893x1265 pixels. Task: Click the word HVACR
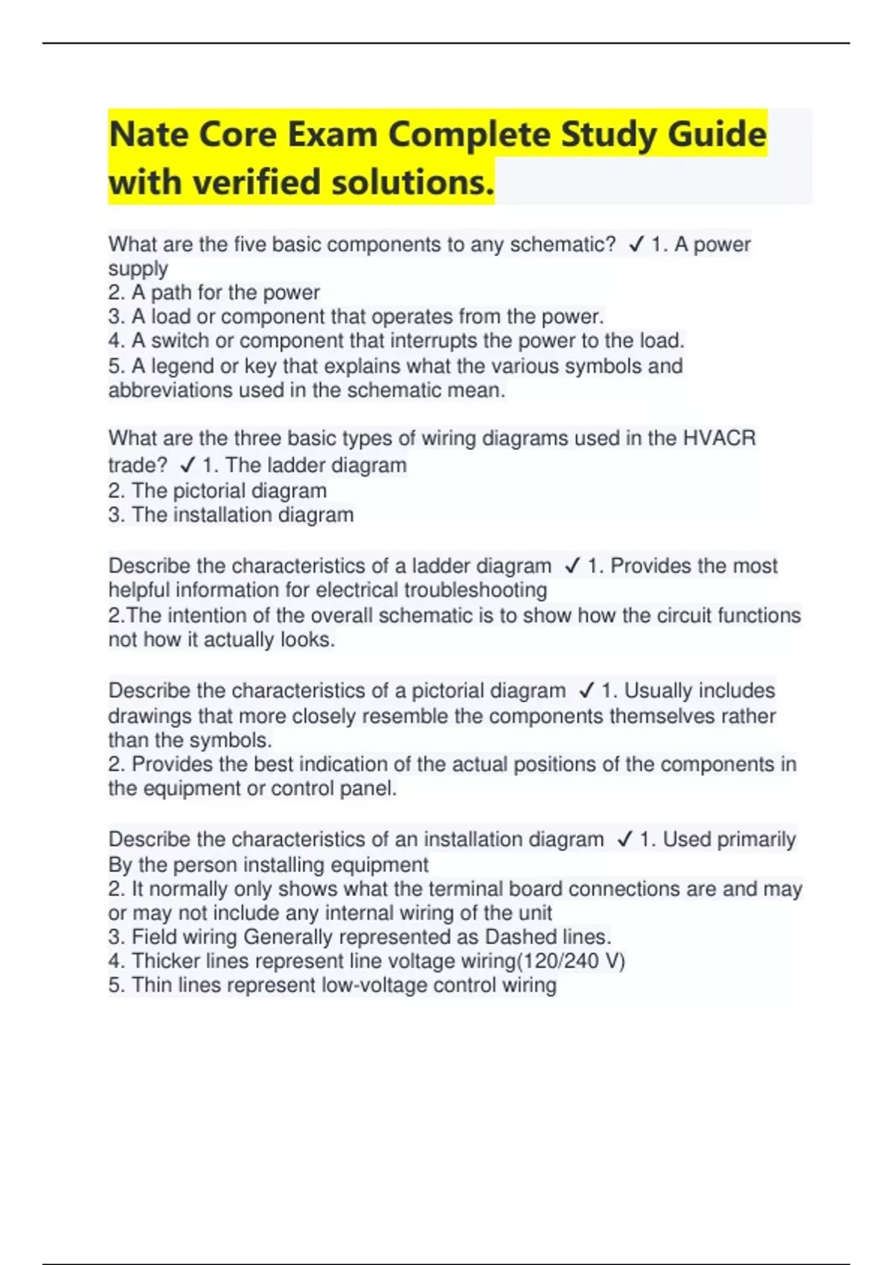pos(719,438)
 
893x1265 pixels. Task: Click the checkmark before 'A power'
pos(636,244)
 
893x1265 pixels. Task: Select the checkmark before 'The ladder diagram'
pos(188,466)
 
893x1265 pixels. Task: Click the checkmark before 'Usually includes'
pos(586,691)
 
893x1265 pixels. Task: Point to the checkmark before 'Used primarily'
pos(625,839)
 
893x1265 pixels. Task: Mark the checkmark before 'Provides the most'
pos(572,566)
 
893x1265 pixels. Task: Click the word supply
pos(138,269)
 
